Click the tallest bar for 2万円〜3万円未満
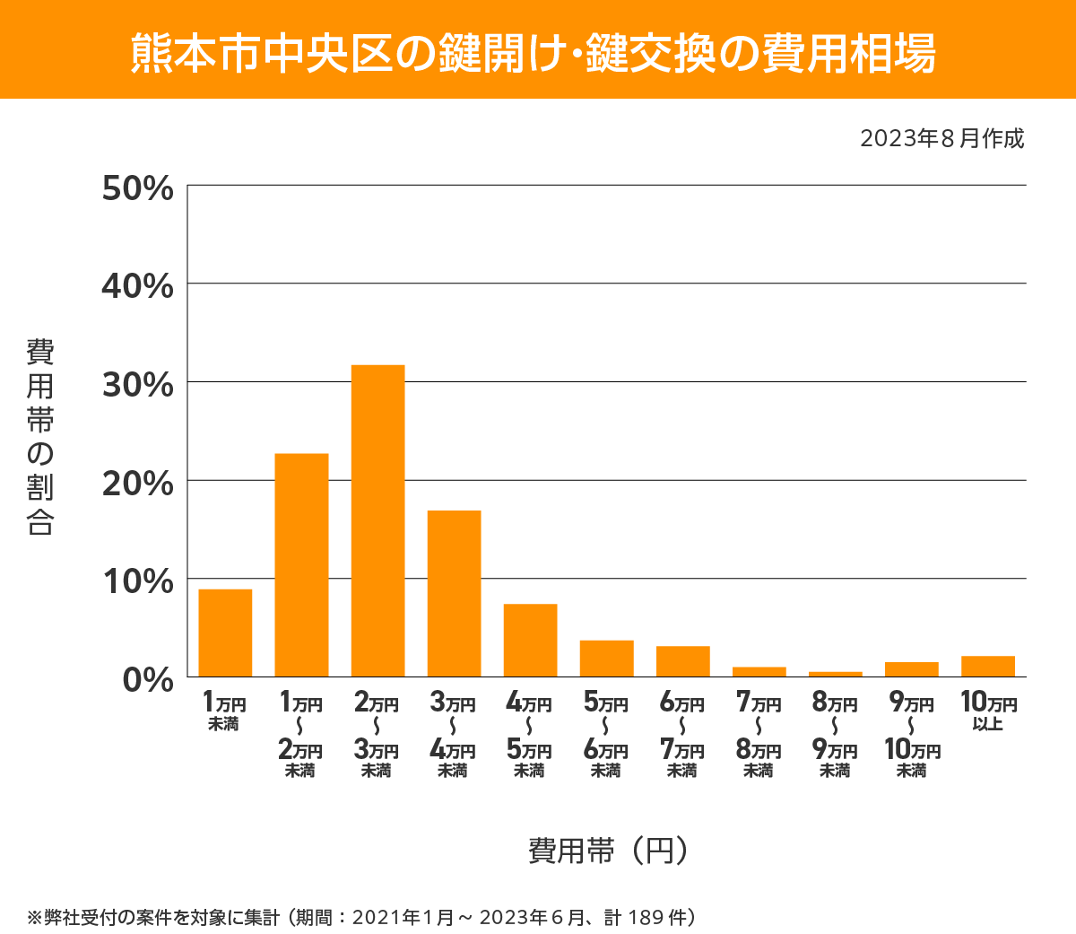(x=377, y=520)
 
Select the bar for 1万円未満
(x=225, y=633)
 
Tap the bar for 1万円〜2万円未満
(x=301, y=565)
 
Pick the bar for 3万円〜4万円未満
(x=454, y=593)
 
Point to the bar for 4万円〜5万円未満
(x=530, y=640)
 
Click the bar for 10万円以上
(x=987, y=667)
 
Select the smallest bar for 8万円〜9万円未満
(x=835, y=674)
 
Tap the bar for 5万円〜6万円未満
(x=606, y=658)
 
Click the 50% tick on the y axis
(x=137, y=188)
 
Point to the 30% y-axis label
(x=137, y=385)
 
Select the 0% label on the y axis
(x=147, y=679)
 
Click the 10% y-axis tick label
(x=137, y=581)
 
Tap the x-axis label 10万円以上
(x=988, y=711)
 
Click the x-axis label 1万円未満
(x=224, y=711)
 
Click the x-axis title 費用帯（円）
(x=608, y=850)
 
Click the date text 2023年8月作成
(x=941, y=139)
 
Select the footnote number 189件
(x=661, y=917)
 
